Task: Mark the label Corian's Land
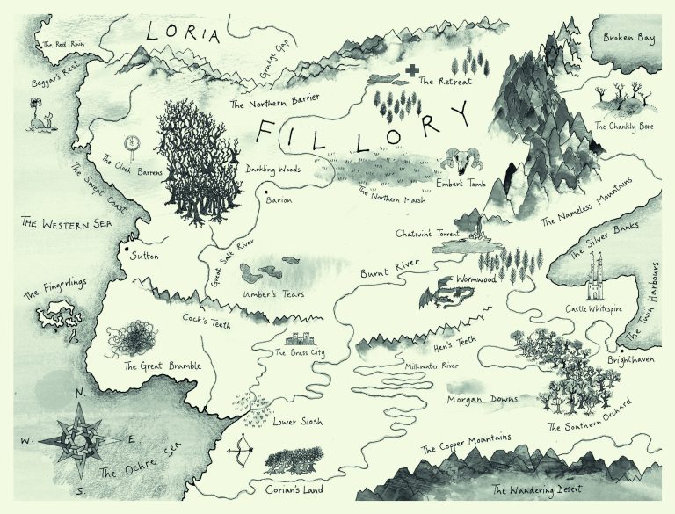point(294,488)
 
